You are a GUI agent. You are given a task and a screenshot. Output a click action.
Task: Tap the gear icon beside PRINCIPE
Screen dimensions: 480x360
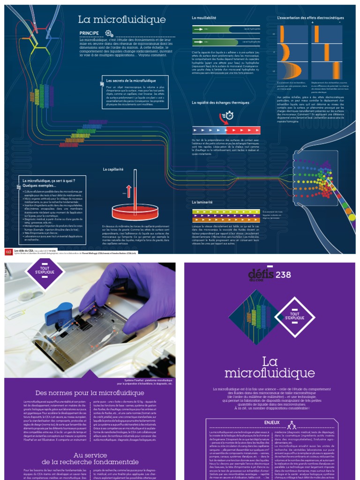coord(109,33)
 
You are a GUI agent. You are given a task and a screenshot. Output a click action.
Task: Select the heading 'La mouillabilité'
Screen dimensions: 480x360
coord(204,17)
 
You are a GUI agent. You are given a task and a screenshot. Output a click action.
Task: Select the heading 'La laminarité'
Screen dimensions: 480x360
coord(203,202)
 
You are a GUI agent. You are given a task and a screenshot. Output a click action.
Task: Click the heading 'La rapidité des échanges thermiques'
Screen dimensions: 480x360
coord(221,102)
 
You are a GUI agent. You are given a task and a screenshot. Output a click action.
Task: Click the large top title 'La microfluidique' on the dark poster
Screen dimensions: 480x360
coord(121,19)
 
